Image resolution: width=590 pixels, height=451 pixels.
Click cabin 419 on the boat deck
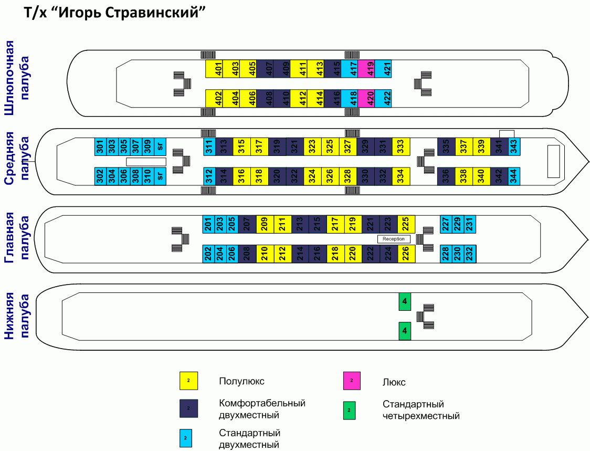pyautogui.click(x=371, y=69)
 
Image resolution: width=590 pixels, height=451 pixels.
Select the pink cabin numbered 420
pyautogui.click(x=371, y=99)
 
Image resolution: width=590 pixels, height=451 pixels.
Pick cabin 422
pyautogui.click(x=388, y=99)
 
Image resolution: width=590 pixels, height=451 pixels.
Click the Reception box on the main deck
pyautogui.click(x=394, y=239)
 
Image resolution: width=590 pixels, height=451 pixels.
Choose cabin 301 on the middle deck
pyautogui.click(x=100, y=146)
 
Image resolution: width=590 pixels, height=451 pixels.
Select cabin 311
pyautogui.click(x=209, y=146)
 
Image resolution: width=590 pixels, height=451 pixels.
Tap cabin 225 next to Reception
pyautogui.click(x=406, y=224)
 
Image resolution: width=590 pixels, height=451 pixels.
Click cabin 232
pyautogui.click(x=470, y=254)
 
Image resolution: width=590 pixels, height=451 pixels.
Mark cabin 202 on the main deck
pyautogui.click(x=208, y=254)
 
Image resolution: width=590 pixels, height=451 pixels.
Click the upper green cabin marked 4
pyautogui.click(x=404, y=301)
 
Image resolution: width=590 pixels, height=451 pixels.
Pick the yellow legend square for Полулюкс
pyautogui.click(x=189, y=381)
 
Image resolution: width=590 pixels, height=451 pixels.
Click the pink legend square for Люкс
pyautogui.click(x=352, y=381)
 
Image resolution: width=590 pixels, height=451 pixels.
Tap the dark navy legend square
pyautogui.click(x=189, y=408)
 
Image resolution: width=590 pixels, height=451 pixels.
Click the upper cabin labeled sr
pyautogui.click(x=161, y=146)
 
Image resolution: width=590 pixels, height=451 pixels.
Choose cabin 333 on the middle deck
pyautogui.click(x=402, y=146)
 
